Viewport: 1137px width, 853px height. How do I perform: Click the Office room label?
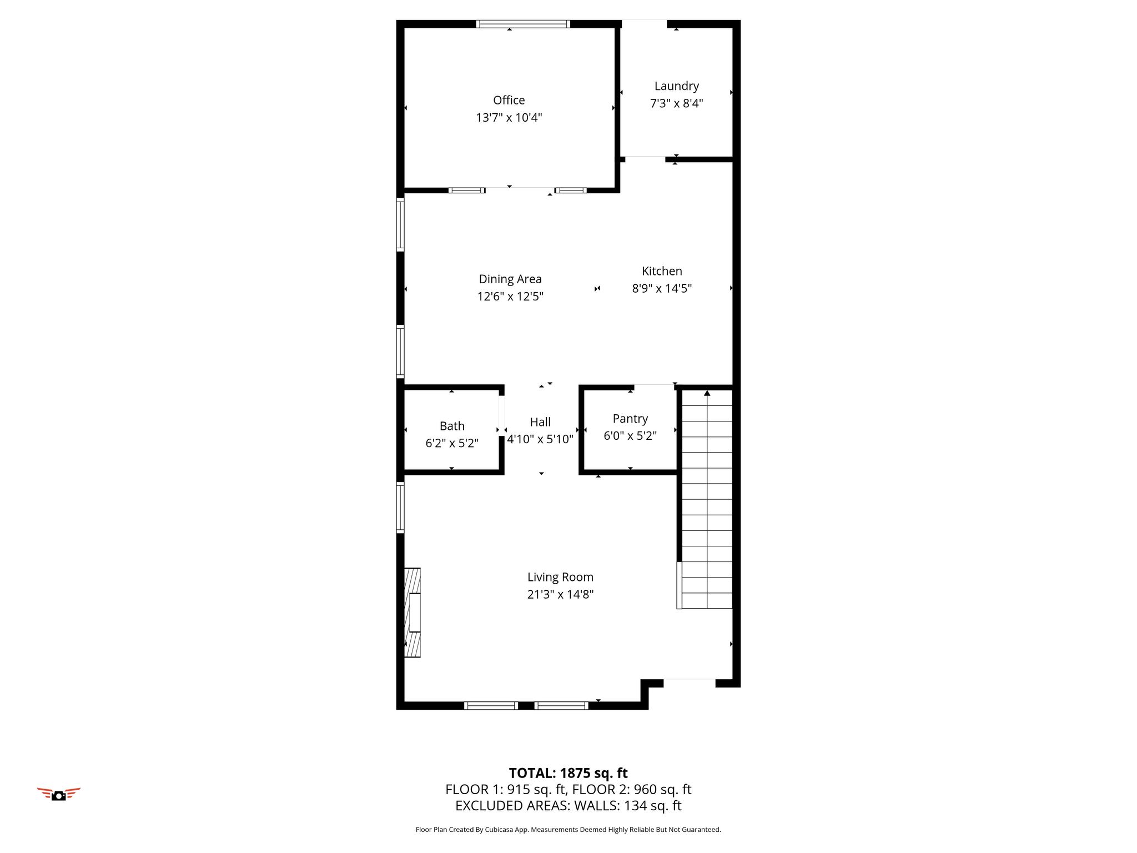click(x=509, y=100)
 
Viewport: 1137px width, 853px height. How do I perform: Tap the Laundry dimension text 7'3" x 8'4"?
click(x=676, y=103)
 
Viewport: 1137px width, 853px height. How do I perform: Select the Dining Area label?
click(x=510, y=279)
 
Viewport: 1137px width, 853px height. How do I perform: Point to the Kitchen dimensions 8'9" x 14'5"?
click(x=662, y=288)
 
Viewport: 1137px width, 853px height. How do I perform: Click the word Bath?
click(x=452, y=426)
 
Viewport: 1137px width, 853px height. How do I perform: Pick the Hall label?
click(x=540, y=422)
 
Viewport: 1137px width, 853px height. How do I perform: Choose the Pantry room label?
click(x=630, y=419)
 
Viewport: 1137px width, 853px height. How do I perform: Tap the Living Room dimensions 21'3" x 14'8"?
click(x=560, y=594)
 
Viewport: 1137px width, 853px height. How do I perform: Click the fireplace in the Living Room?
click(x=412, y=613)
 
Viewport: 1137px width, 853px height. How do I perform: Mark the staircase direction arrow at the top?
click(x=707, y=393)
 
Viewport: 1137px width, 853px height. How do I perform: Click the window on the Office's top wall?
click(x=523, y=24)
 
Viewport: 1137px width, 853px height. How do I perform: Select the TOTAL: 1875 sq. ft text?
click(x=568, y=773)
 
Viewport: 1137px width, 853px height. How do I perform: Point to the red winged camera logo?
click(x=58, y=794)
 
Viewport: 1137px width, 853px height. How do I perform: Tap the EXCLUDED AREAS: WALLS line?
click(x=568, y=805)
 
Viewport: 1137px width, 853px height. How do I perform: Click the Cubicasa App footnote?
click(x=568, y=830)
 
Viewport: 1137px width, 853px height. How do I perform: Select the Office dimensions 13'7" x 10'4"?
click(x=509, y=117)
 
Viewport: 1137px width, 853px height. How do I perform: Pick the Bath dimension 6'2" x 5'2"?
click(x=452, y=443)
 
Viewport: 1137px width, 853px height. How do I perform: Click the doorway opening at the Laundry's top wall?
click(x=644, y=24)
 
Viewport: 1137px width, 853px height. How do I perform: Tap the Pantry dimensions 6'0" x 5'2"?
click(x=630, y=436)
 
